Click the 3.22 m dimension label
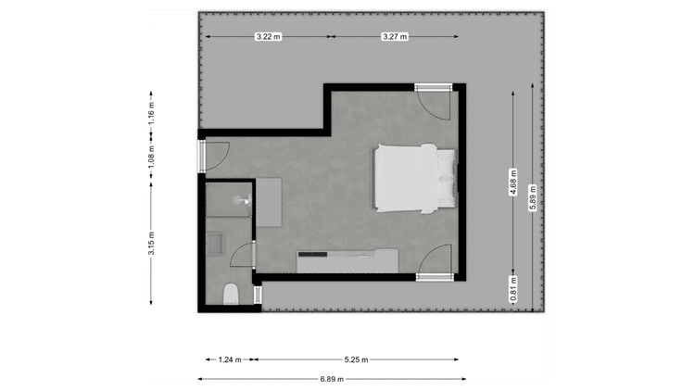pos(268,37)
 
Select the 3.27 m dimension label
pos(395,37)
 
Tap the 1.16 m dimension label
pos(151,113)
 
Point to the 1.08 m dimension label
pos(151,157)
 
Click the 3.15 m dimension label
pos(151,244)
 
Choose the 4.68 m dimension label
pos(513,183)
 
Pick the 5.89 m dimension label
pos(533,197)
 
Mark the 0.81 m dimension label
pos(513,289)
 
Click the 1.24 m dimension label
pos(230,359)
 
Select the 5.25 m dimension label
pos(357,359)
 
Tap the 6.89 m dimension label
pos(332,379)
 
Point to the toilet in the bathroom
pos(231,295)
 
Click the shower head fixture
pos(244,200)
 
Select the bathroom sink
pos(216,244)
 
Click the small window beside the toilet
pos(258,295)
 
